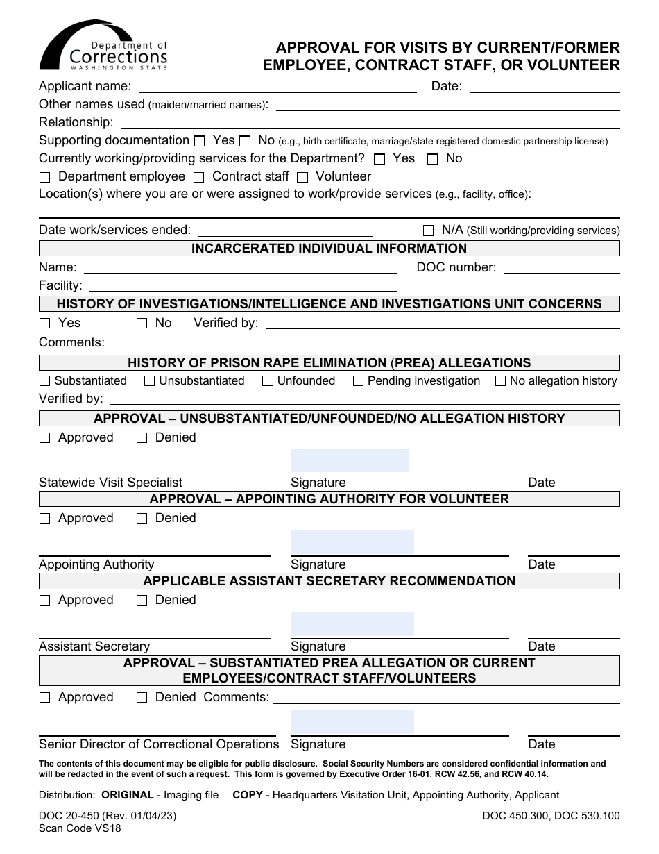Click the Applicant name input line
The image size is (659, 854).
(x=277, y=87)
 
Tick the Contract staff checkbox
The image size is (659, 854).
(x=199, y=178)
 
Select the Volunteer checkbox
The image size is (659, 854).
(x=302, y=178)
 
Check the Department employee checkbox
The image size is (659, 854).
(x=45, y=178)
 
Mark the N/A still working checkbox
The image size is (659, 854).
(x=428, y=231)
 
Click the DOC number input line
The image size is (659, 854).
(x=561, y=268)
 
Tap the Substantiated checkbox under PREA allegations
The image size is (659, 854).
(x=45, y=381)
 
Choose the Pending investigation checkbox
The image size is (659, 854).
(x=358, y=381)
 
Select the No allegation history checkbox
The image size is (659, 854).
(x=500, y=381)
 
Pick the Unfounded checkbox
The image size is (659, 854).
(x=268, y=381)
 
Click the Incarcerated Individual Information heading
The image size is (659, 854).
(x=329, y=249)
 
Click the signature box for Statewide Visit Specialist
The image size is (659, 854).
(x=350, y=461)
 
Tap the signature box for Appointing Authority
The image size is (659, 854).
(x=352, y=542)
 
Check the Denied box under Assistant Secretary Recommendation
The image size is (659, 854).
(x=142, y=601)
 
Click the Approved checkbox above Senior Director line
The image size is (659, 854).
(x=45, y=698)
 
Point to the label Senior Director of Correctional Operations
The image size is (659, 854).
(x=159, y=744)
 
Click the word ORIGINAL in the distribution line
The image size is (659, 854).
(x=128, y=795)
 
